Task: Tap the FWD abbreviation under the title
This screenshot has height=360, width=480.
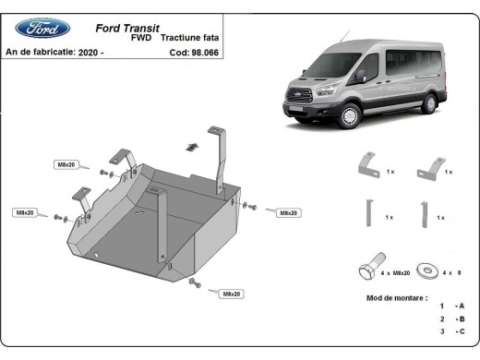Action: point(141,40)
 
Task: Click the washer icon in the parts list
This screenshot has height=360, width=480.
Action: point(428,271)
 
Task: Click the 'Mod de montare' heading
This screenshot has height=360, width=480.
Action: point(397,298)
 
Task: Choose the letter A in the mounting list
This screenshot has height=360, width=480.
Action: point(461,306)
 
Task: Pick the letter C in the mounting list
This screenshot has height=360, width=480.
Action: point(461,330)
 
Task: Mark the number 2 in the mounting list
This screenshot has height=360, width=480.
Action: point(441,318)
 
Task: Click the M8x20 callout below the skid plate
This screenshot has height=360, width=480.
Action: point(231,294)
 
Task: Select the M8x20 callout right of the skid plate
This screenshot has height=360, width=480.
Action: point(287,212)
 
